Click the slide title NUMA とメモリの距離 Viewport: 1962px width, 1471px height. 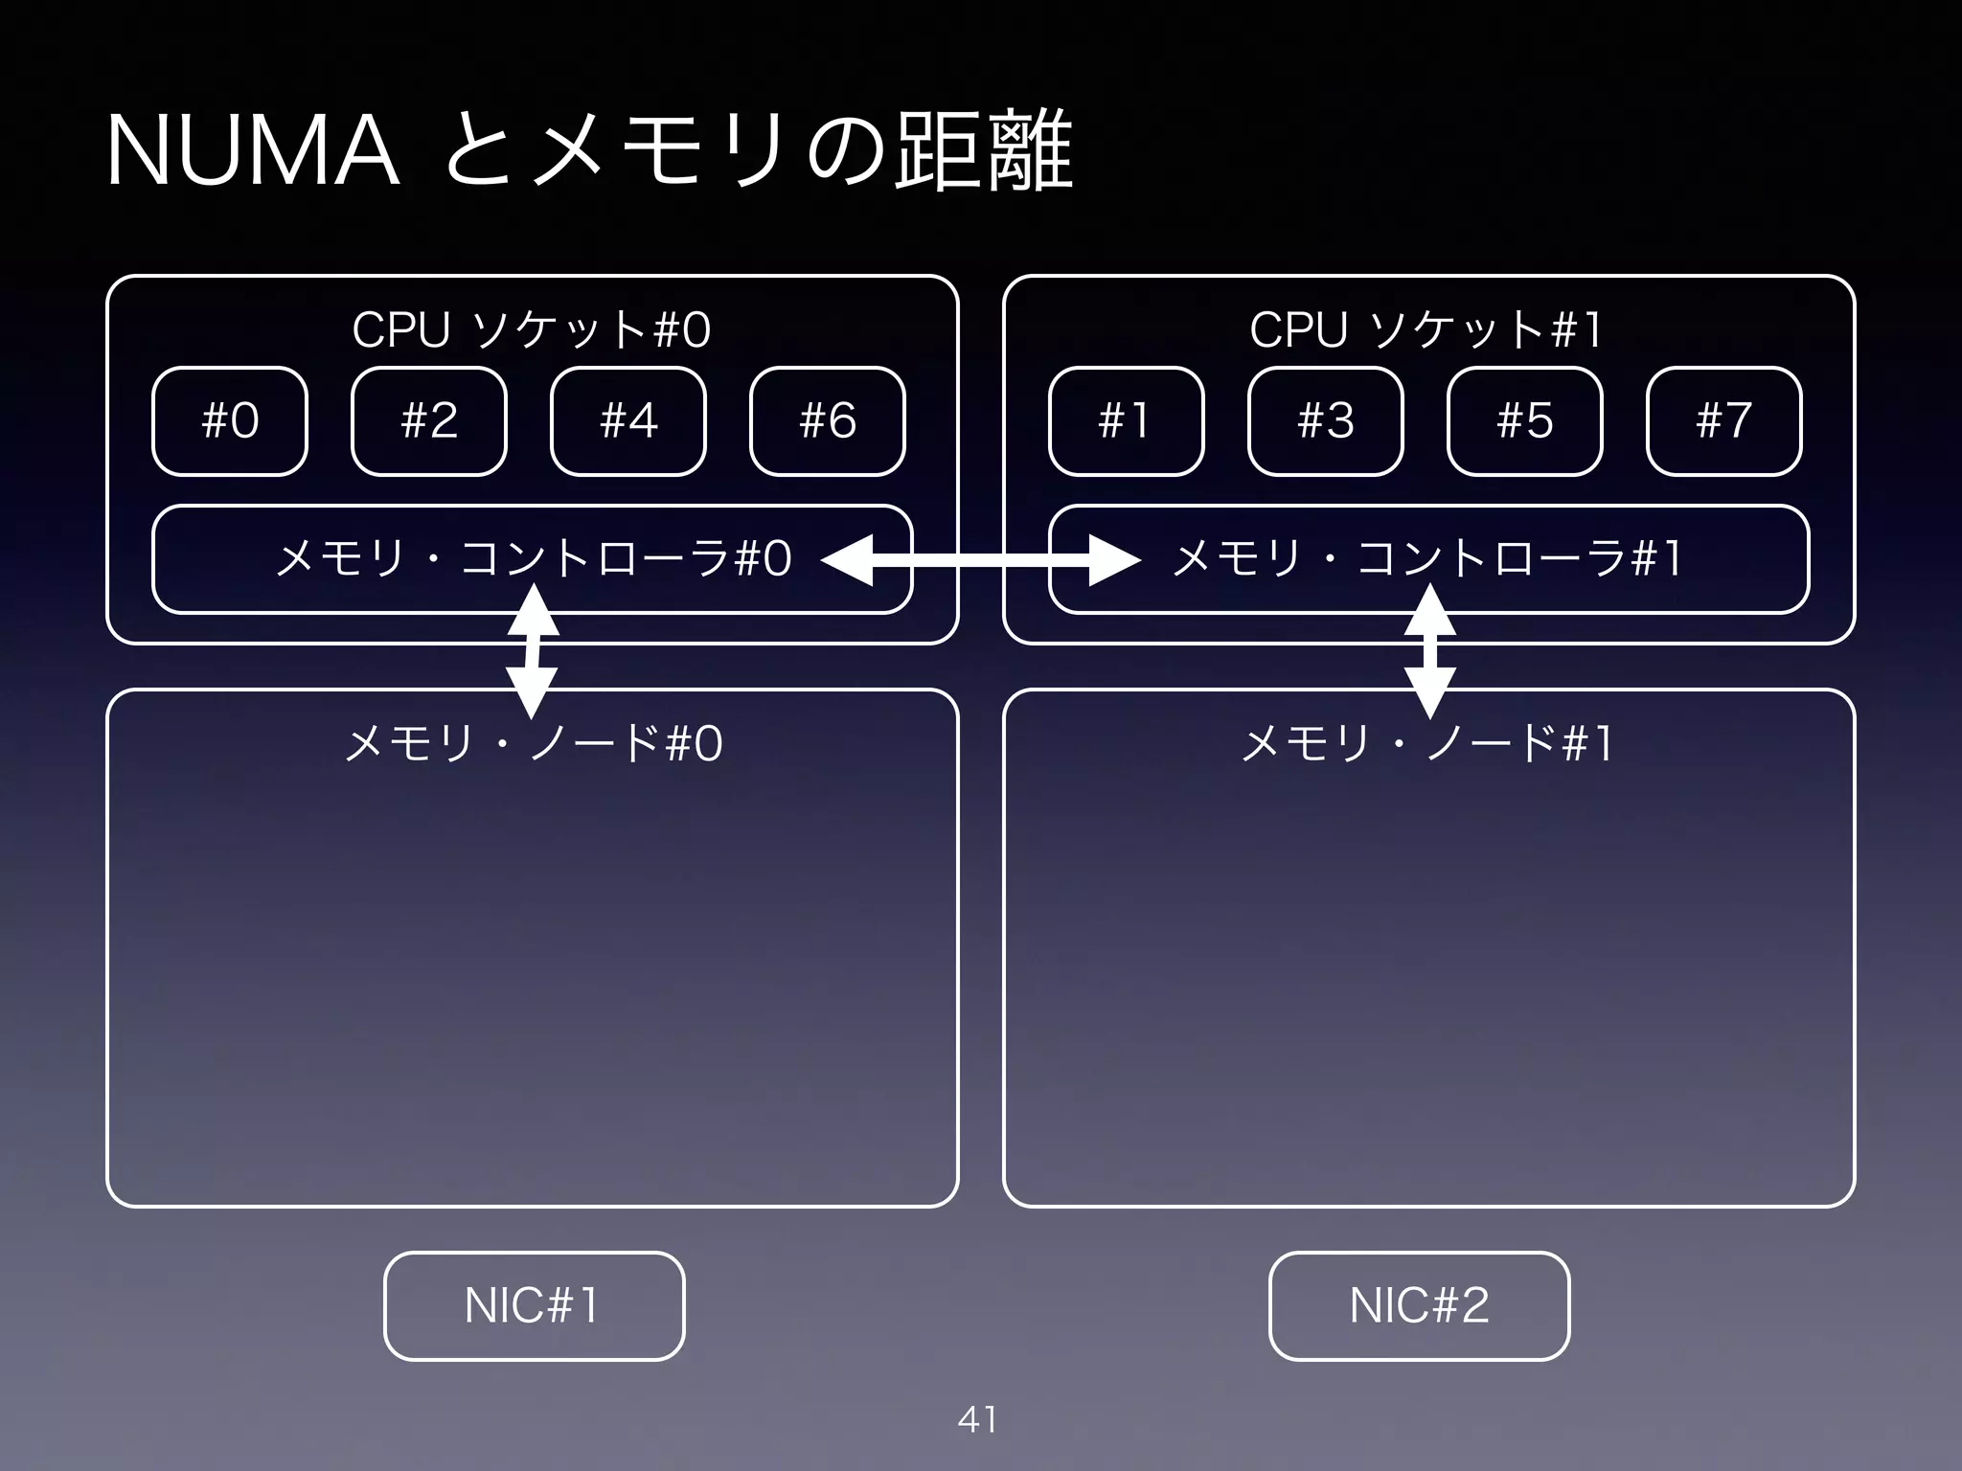pos(588,151)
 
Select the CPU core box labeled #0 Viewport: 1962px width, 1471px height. pos(230,421)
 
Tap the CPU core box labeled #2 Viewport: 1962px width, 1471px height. pos(429,421)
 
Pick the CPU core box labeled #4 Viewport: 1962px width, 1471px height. pos(628,421)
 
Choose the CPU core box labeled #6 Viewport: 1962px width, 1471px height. pos(828,421)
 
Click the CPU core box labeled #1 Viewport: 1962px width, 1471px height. pos(1127,421)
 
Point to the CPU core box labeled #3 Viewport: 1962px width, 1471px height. pos(1326,421)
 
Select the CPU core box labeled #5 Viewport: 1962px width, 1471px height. pos(1525,421)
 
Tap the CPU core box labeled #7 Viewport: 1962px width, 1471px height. pos(1724,421)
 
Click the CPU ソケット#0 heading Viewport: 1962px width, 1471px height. pos(532,330)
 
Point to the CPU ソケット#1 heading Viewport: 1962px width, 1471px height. pos(1427,330)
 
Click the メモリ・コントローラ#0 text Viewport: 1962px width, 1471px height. pos(533,558)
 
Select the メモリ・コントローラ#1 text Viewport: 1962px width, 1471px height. pos(1427,558)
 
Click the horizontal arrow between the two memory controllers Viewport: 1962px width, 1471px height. pos(981,560)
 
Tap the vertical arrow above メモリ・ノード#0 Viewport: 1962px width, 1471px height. pos(533,651)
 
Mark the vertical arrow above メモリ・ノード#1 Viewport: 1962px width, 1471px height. pos(1429,651)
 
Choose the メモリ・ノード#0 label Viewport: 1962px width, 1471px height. pos(533,743)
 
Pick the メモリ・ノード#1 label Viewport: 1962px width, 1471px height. pos(1427,743)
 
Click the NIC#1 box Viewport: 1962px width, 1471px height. pos(534,1305)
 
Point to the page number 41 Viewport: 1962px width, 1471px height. pos(978,1419)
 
